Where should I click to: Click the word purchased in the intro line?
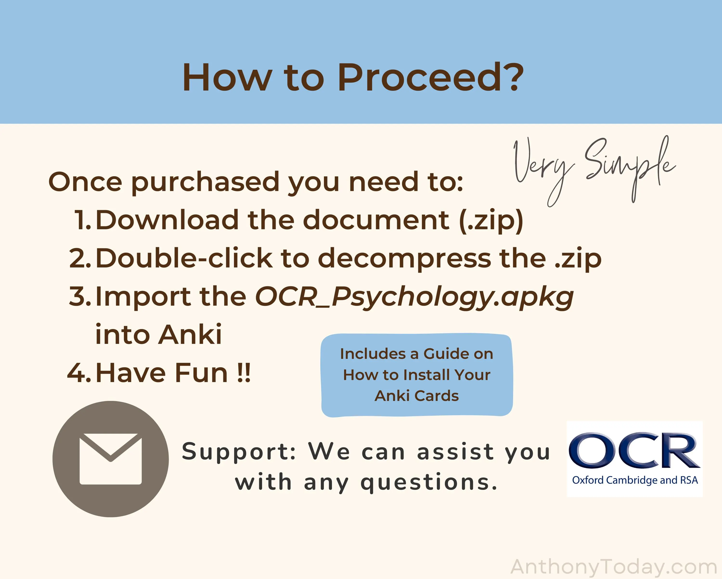(205, 183)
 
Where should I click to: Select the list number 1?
(82, 220)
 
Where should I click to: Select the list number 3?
(80, 296)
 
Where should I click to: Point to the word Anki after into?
(190, 334)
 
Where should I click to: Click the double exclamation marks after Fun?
(244, 373)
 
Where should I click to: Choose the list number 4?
(79, 373)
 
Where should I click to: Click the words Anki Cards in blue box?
(417, 396)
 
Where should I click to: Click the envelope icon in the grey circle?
(110, 459)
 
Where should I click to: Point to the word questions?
(429, 483)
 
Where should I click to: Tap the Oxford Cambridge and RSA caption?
(635, 480)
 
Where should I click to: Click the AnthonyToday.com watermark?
(613, 567)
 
